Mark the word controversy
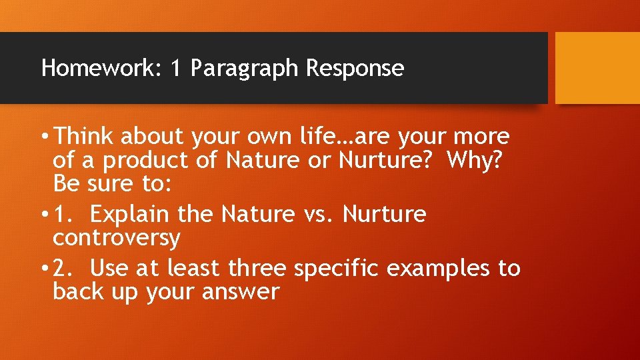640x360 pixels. coord(117,238)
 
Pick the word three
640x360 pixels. coord(257,268)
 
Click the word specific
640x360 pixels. coord(337,269)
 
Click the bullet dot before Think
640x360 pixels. coord(43,137)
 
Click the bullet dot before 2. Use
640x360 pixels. coord(43,269)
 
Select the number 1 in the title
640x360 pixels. coord(175,68)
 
